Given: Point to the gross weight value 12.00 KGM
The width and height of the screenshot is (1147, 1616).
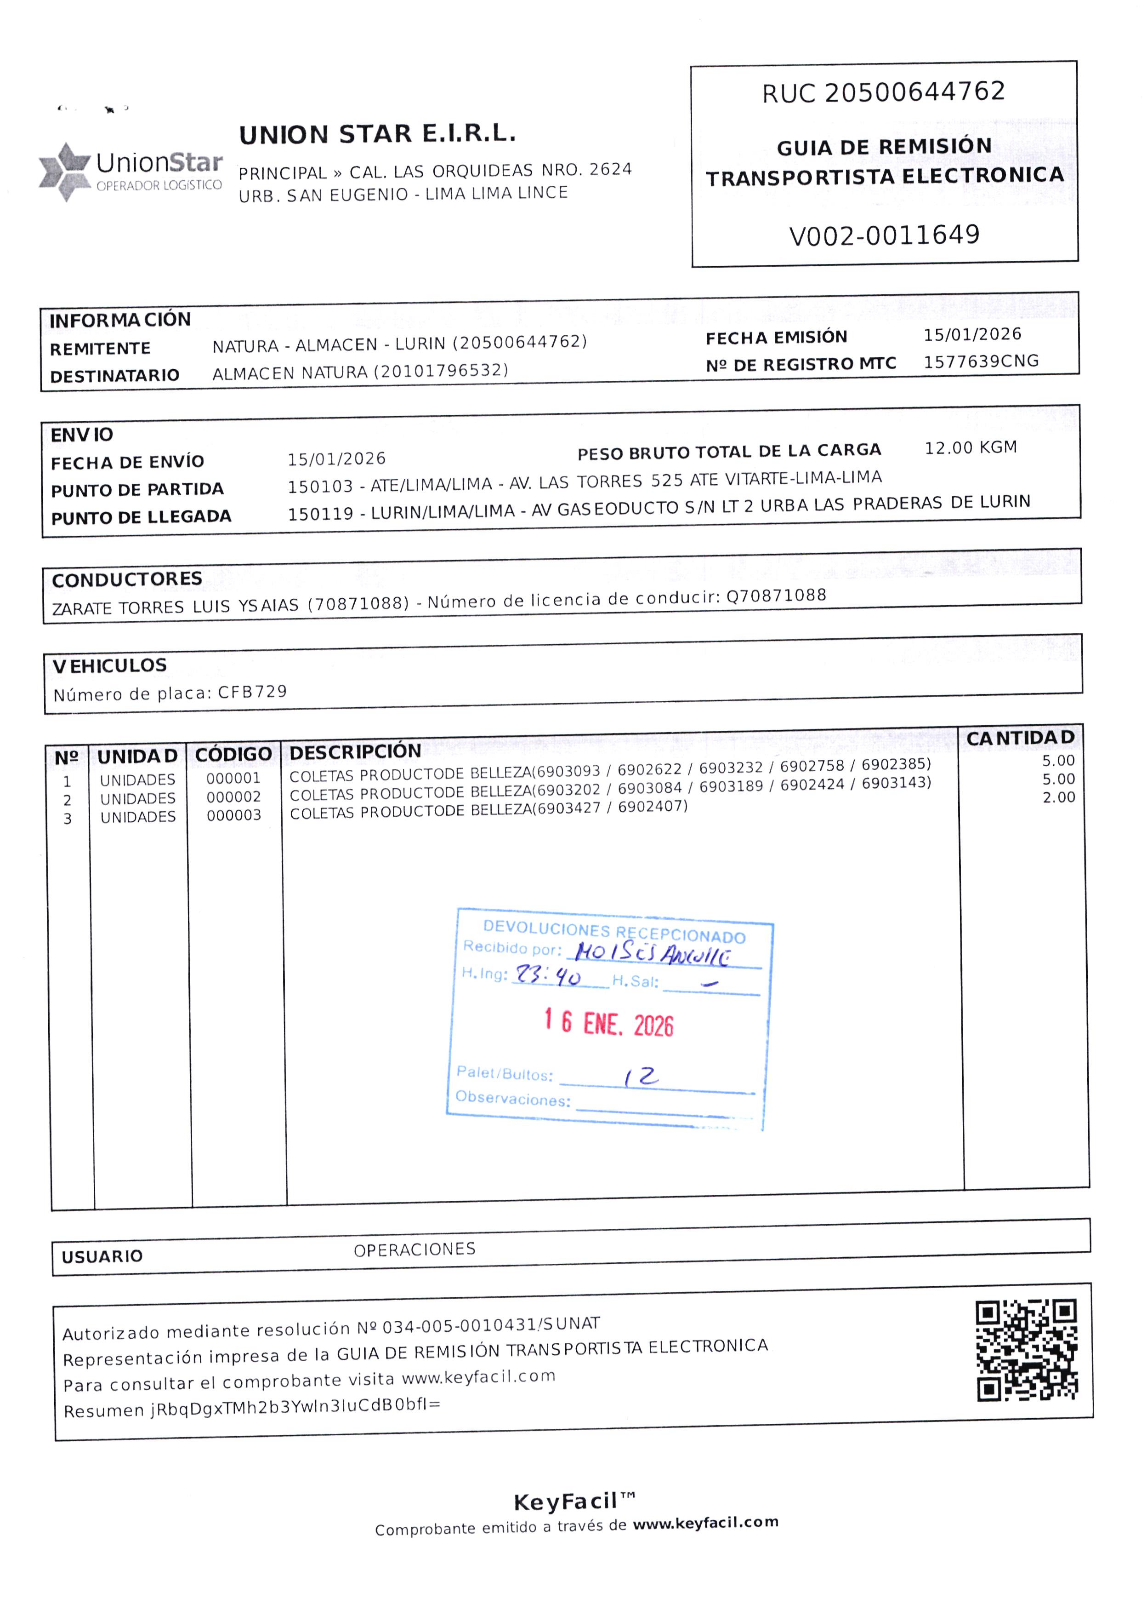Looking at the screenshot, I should [971, 448].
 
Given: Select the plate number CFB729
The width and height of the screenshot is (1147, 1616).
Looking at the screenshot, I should [252, 692].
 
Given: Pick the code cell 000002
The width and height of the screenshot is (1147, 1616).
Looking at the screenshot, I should [234, 797].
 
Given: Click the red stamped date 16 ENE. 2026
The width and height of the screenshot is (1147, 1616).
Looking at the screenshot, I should [609, 1023].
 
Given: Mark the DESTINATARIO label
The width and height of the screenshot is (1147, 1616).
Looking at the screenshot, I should [114, 376].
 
